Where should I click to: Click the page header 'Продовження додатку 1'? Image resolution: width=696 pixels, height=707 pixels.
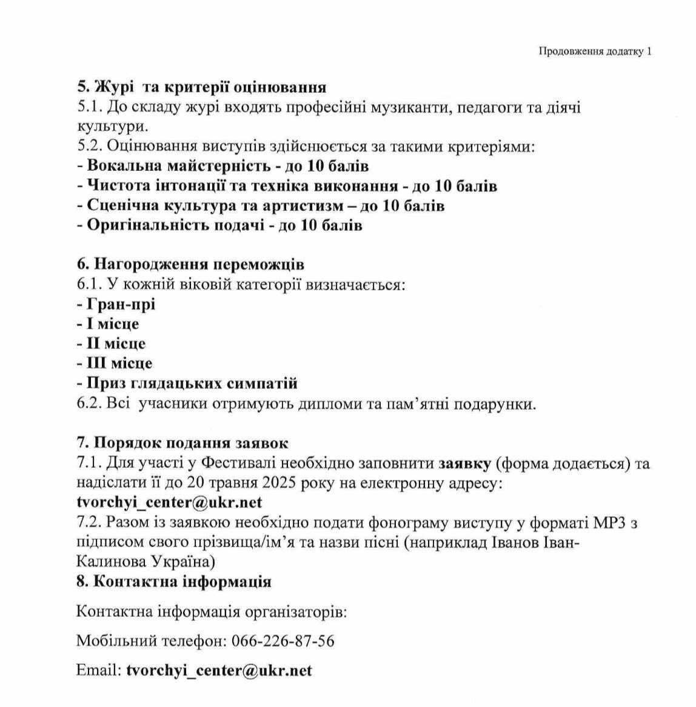coord(595,51)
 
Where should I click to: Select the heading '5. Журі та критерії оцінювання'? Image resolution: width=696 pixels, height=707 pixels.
coord(202,88)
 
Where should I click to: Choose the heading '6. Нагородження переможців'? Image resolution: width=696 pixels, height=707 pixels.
coord(190,265)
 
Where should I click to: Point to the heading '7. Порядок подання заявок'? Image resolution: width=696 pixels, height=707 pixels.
coord(182,443)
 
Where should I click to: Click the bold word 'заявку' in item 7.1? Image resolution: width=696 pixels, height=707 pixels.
coord(464,463)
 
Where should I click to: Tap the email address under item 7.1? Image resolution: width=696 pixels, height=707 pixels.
coord(169,503)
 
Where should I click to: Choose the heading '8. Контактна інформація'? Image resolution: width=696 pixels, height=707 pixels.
coord(174,582)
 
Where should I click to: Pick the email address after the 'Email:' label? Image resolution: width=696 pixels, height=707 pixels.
coord(219,670)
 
